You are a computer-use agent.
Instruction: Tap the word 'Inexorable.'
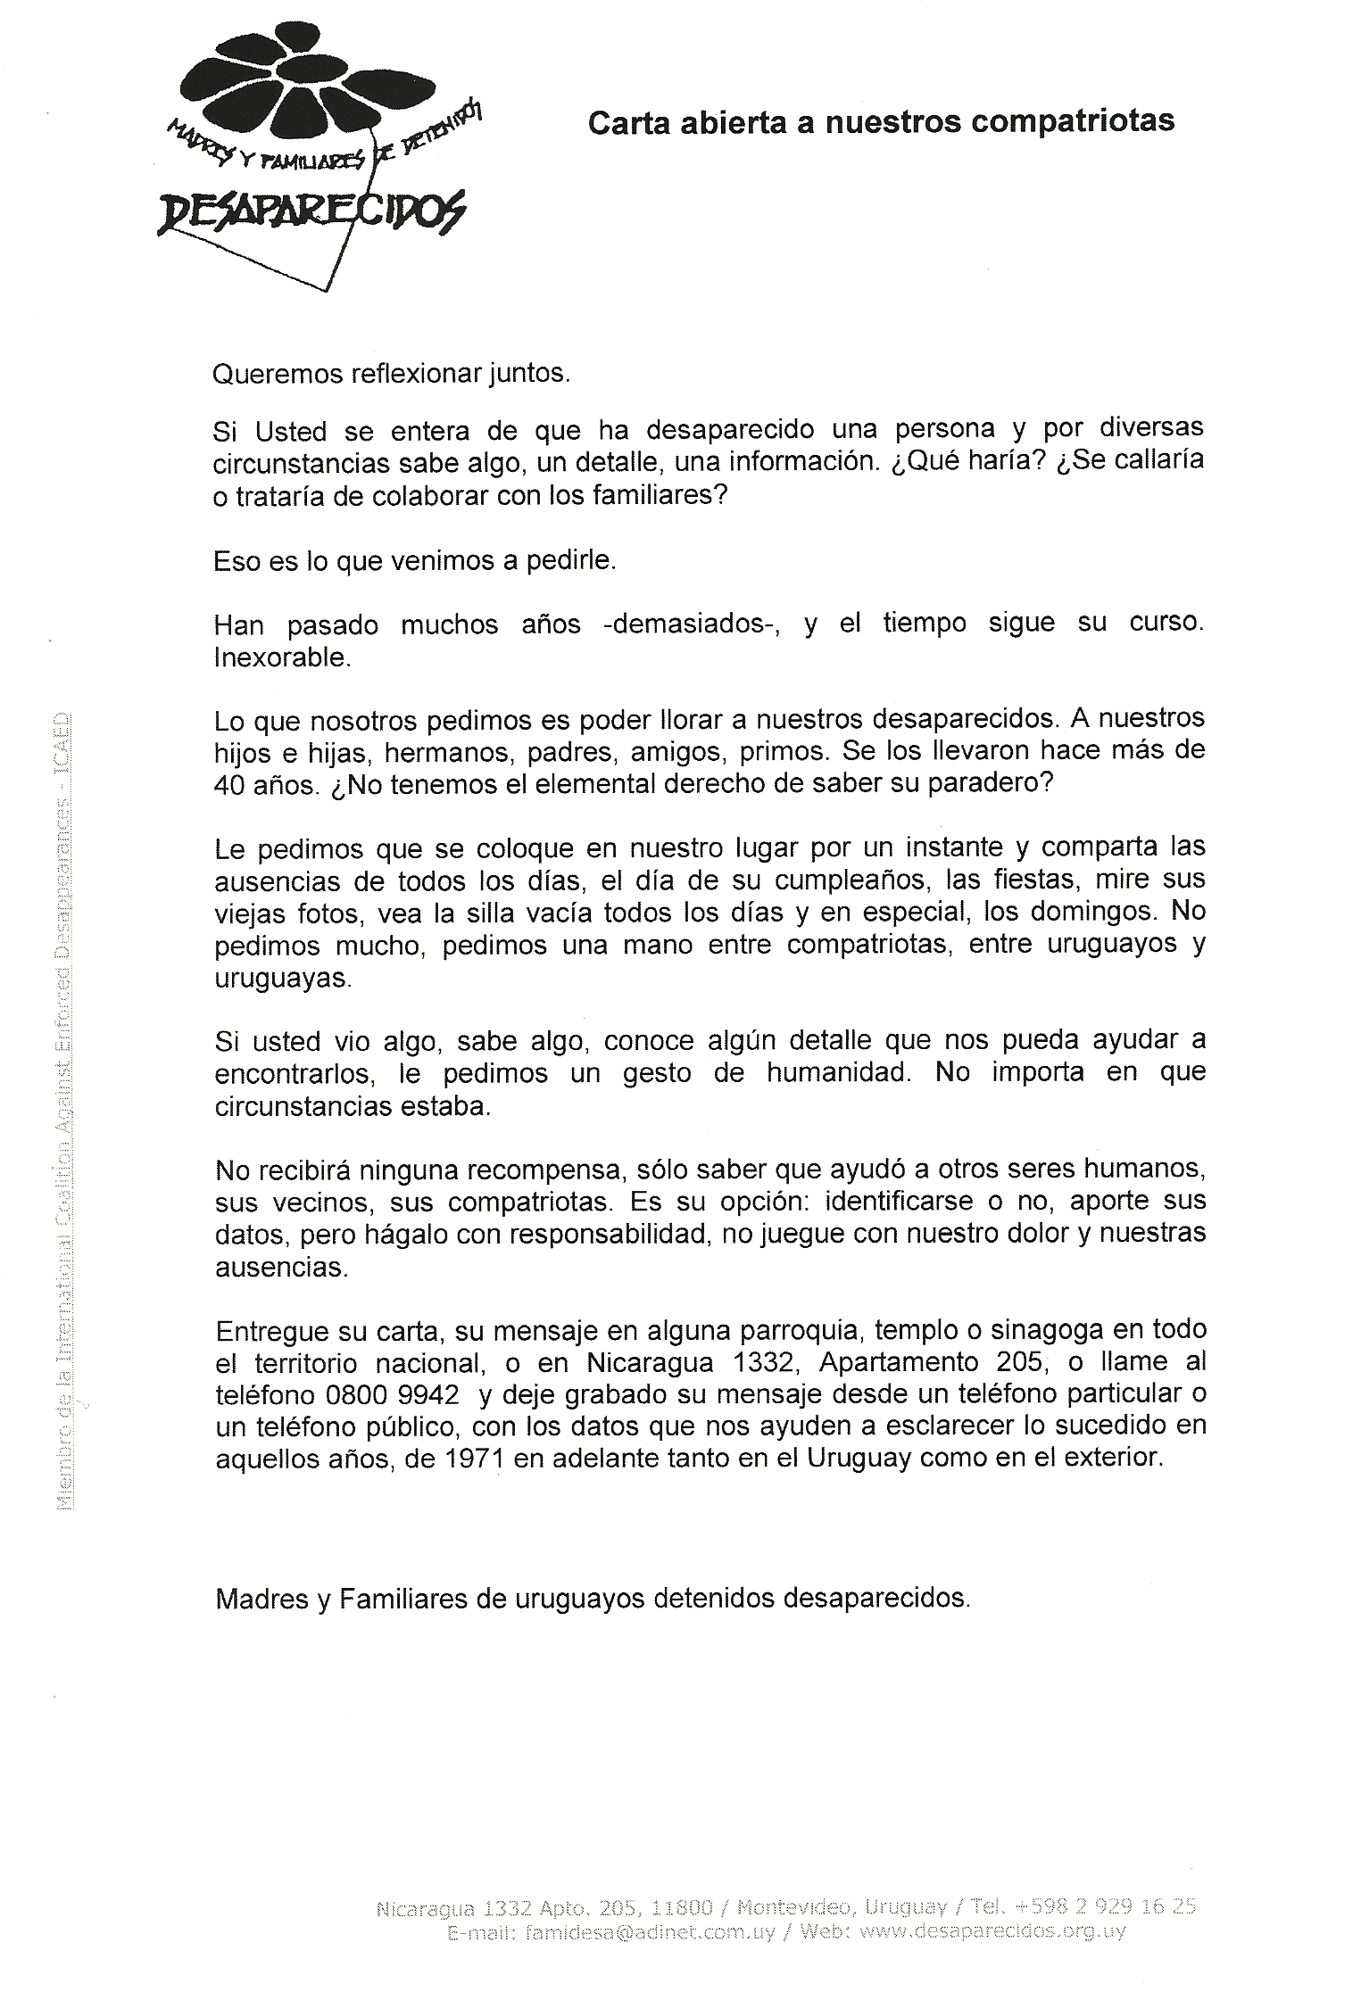click(x=280, y=657)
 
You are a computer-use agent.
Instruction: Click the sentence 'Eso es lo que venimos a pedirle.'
click(x=415, y=561)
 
